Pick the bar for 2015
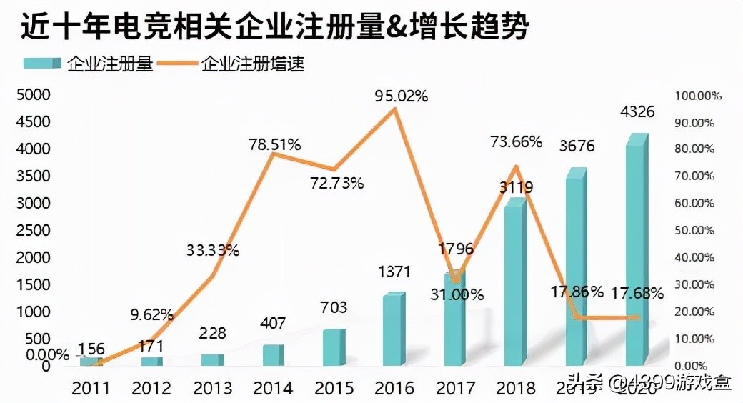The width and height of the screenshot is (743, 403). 333,347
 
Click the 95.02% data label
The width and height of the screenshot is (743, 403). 401,96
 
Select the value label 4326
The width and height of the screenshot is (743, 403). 637,112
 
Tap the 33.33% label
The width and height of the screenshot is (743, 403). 213,250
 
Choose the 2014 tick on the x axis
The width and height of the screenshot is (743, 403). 273,388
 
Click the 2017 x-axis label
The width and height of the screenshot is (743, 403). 455,388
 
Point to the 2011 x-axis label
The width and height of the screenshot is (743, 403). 90,388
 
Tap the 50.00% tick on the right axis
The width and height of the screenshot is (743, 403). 699,231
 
